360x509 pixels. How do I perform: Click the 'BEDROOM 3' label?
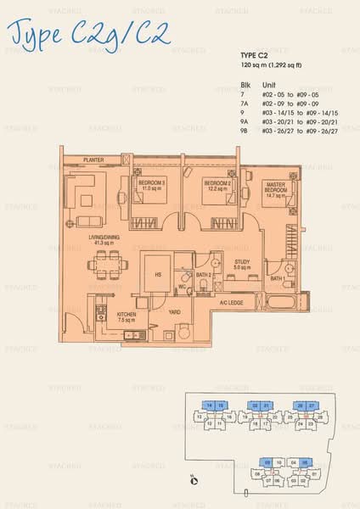[x=154, y=184]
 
